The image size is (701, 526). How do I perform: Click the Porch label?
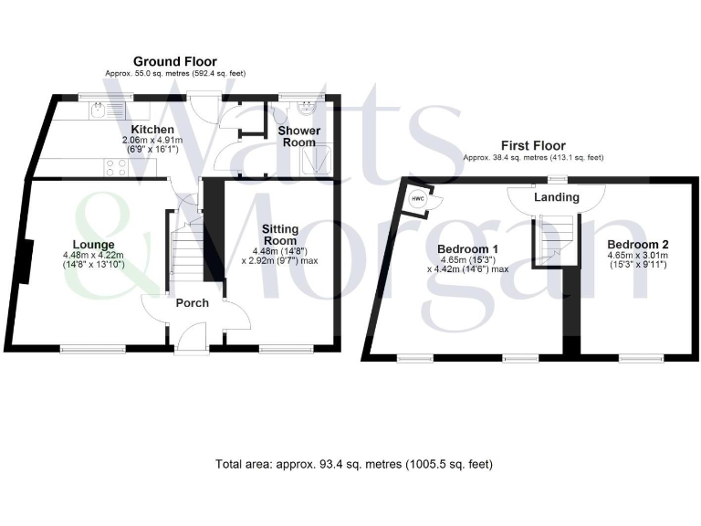click(192, 303)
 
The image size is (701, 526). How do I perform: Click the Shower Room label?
click(298, 136)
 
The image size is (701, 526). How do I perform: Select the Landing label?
click(557, 197)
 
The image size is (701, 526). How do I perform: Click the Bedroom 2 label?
click(638, 244)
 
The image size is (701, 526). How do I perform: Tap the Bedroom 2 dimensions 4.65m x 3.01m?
click(638, 256)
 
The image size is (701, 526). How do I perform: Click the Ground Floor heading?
click(174, 61)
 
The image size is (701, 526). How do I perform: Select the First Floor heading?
click(533, 145)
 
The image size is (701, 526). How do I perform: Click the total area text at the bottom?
click(354, 464)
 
